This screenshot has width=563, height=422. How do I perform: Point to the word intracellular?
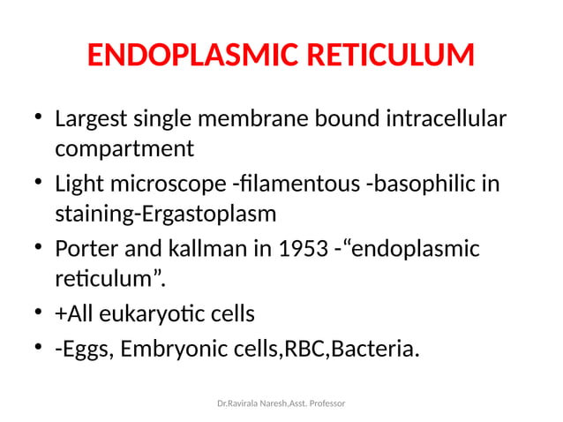[447, 119]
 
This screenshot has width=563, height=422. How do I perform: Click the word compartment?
[124, 147]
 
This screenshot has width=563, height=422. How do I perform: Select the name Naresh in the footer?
[266, 403]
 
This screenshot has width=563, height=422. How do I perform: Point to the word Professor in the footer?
[323, 403]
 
